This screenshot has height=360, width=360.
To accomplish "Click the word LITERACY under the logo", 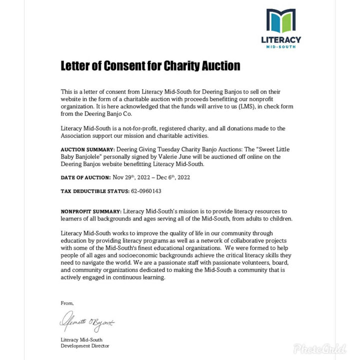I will click(281, 39).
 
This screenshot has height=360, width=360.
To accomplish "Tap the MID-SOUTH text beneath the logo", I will click(281, 47).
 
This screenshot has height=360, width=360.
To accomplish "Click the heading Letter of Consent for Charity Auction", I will click(150, 65).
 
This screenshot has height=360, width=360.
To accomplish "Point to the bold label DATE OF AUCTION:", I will click(85, 177).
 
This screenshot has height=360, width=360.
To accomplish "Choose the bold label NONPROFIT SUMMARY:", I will click(91, 212).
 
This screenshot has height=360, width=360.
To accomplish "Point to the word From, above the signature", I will click(66, 303).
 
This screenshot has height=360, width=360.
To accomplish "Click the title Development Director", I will click(84, 346).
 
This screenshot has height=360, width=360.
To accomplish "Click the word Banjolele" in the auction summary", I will click(98, 156).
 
